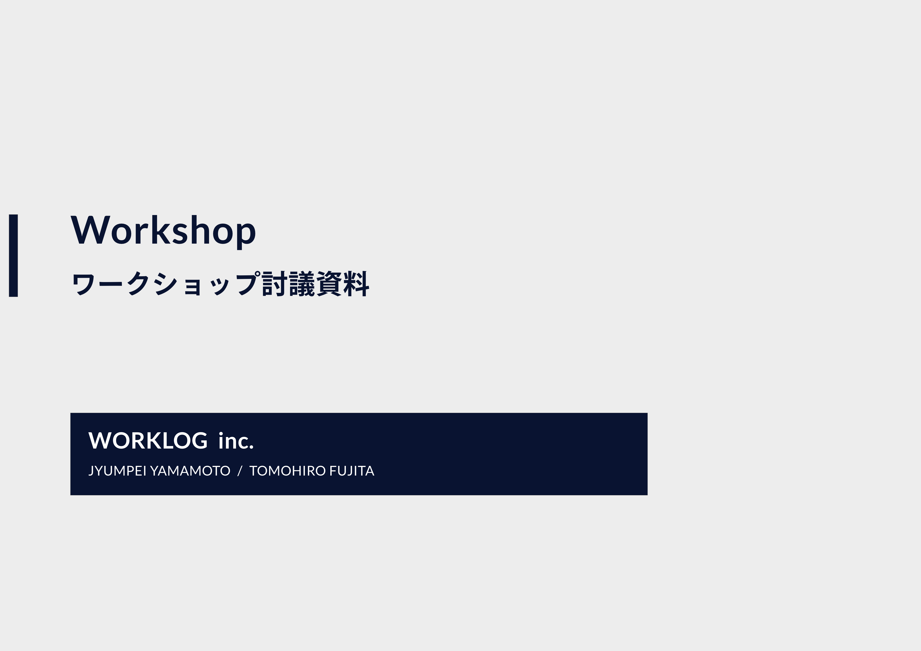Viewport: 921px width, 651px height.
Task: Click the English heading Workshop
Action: (163, 232)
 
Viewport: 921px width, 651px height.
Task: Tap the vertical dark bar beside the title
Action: (13, 256)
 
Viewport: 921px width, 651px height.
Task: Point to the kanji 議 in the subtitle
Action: (302, 284)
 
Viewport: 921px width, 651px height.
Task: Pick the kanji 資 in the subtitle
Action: (329, 284)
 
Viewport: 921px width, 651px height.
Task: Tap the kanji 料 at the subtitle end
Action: (356, 284)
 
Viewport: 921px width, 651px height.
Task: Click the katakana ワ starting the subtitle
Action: (83, 284)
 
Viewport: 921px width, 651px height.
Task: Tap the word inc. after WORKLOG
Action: (236, 441)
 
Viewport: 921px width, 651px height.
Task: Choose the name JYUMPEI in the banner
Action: (117, 471)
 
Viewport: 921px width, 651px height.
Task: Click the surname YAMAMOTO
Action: (190, 471)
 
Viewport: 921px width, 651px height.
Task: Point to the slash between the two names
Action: (240, 471)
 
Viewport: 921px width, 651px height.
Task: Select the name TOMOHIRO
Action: (287, 471)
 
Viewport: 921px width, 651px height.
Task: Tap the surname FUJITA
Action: (352, 471)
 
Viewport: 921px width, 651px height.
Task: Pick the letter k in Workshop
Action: (161, 229)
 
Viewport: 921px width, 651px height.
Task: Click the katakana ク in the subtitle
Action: (138, 284)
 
